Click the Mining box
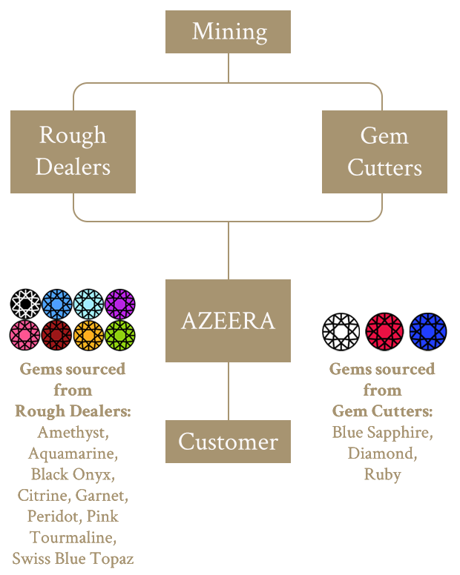[x=228, y=32]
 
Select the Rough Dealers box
[x=73, y=151]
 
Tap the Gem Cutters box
[x=384, y=151]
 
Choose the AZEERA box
[x=228, y=321]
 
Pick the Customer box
[x=228, y=442]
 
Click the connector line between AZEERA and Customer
[x=228, y=390]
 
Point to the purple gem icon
[x=119, y=304]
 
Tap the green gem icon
[x=119, y=335]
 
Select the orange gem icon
[x=88, y=335]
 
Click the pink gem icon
[x=25, y=335]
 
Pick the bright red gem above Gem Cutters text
[x=385, y=330]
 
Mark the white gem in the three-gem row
[x=341, y=330]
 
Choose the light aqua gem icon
[x=88, y=304]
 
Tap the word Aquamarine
[x=73, y=453]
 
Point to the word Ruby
[x=382, y=474]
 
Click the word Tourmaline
[x=73, y=536]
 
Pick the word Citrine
[x=42, y=495]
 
